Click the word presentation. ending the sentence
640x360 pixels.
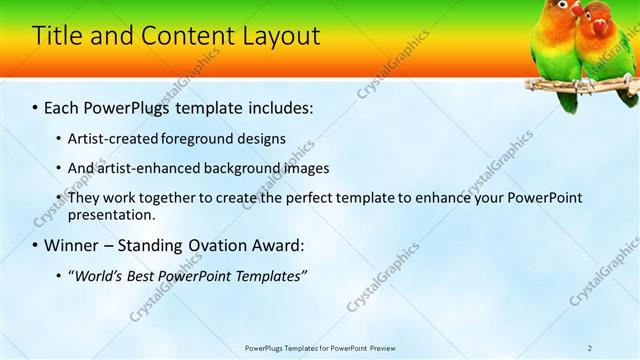[x=111, y=214]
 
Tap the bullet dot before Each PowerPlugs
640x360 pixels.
[x=36, y=107]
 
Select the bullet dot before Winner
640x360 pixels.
[x=36, y=245]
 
